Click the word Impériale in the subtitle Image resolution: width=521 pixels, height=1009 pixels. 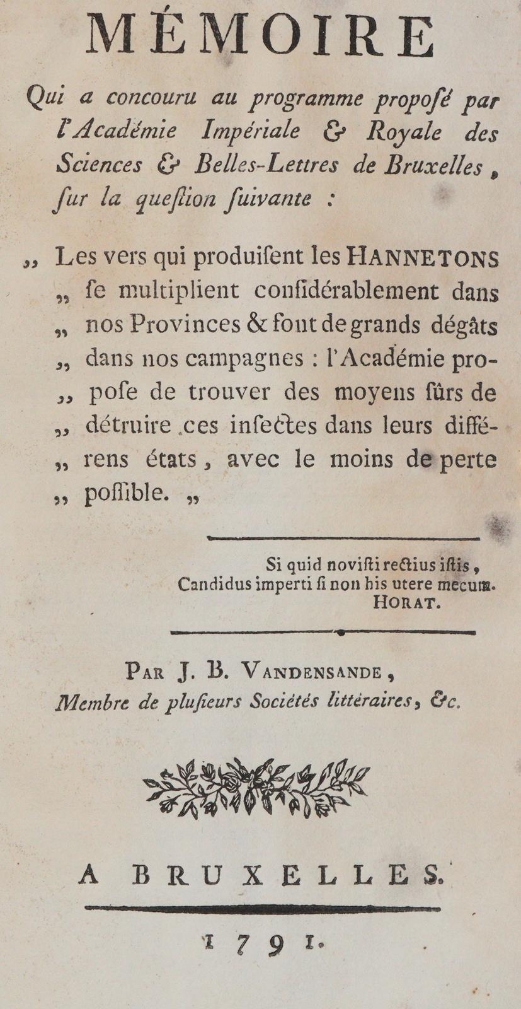251,131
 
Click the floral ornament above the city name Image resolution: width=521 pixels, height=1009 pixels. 256,788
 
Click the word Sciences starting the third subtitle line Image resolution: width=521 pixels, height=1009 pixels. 99,165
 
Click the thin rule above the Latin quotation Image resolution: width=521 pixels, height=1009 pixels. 343,538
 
